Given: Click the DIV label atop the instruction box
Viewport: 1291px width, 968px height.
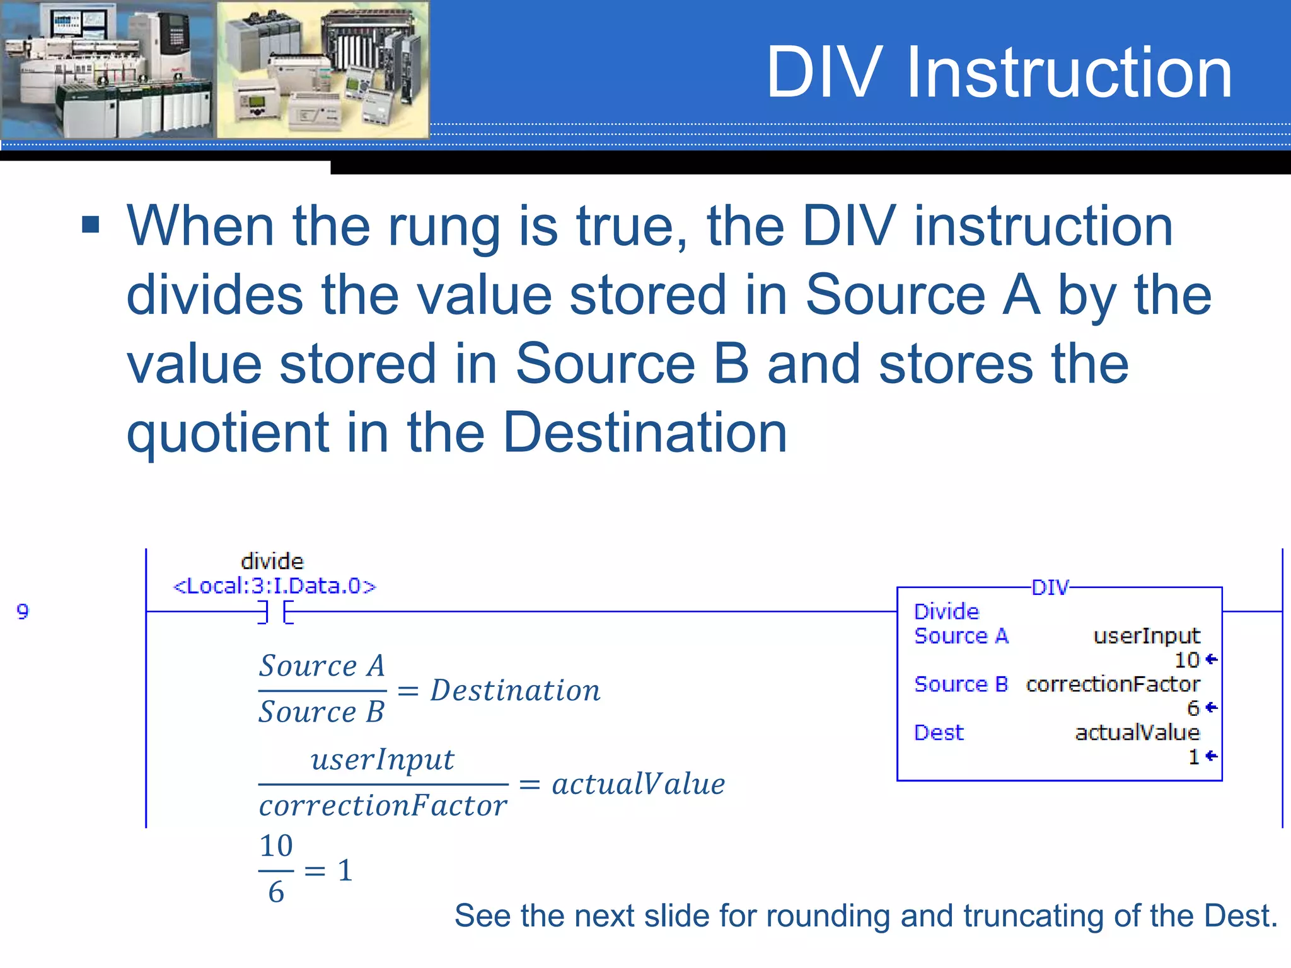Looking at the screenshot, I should pyautogui.click(x=1050, y=587).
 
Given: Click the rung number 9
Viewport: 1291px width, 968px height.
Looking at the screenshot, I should pyautogui.click(x=23, y=611).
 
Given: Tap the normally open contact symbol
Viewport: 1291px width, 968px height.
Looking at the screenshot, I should pyautogui.click(x=275, y=612).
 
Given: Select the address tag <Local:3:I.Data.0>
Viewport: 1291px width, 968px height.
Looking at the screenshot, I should pyautogui.click(x=274, y=586).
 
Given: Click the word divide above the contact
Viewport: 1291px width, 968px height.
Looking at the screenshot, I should pyautogui.click(x=272, y=561).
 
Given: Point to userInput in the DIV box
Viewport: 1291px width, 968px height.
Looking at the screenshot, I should pyautogui.click(x=1146, y=636).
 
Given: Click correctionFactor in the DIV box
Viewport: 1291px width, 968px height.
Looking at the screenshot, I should pyautogui.click(x=1113, y=684).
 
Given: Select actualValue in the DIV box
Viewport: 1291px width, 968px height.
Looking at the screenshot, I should pyautogui.click(x=1137, y=732).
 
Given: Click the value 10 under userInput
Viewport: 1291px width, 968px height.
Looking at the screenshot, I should pyautogui.click(x=1186, y=660).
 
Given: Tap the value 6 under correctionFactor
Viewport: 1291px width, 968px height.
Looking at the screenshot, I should pyautogui.click(x=1193, y=708).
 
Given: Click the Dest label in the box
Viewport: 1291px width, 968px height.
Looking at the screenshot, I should pyautogui.click(x=939, y=732).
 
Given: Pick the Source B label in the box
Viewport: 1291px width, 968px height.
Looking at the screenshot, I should pyautogui.click(x=961, y=684).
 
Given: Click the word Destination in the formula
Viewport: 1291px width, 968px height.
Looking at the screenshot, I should pyautogui.click(x=515, y=690).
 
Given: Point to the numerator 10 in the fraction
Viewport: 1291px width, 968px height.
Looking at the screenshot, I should pyautogui.click(x=276, y=846).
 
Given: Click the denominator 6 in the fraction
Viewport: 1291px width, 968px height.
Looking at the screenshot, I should pyautogui.click(x=276, y=892).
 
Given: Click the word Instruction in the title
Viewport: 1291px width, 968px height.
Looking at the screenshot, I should pyautogui.click(x=1068, y=73).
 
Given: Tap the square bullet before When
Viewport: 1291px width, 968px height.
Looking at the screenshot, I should pyautogui.click(x=91, y=224).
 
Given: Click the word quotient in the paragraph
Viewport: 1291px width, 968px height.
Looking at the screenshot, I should pyautogui.click(x=227, y=434).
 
